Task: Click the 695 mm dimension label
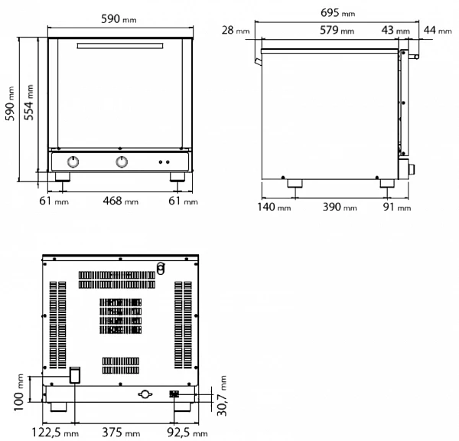[x=338, y=13]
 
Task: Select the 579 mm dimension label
[x=337, y=30]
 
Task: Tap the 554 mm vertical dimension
[x=29, y=103]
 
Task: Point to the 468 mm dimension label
[x=120, y=201]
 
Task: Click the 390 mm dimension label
[x=340, y=207]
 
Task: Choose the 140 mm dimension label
[x=274, y=207]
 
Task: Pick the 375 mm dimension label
[x=121, y=433]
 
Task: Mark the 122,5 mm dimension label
[x=55, y=433]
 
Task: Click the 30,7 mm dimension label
[x=222, y=395]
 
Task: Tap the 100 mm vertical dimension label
[x=19, y=392]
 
